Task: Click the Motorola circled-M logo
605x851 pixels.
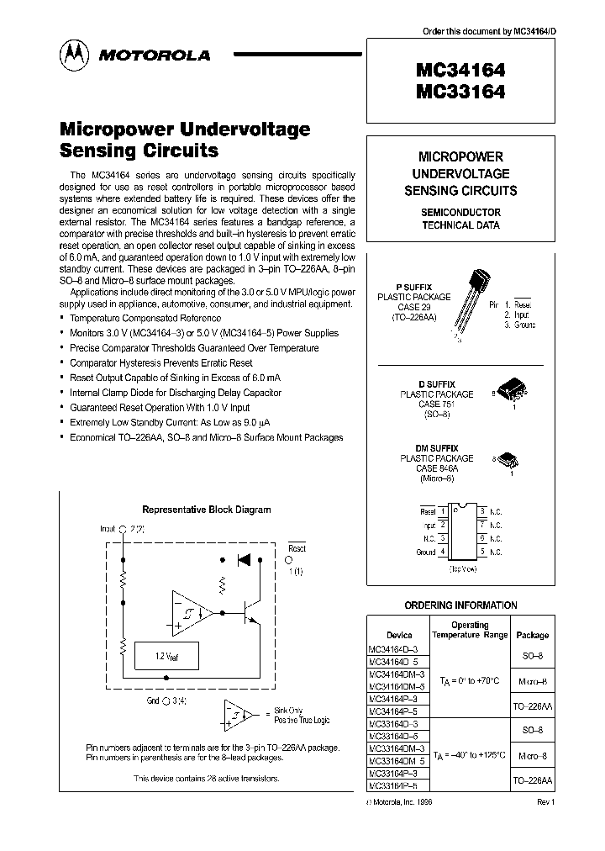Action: pyautogui.click(x=73, y=55)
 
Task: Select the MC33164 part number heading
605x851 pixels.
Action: pyautogui.click(x=460, y=92)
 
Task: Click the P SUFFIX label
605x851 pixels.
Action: pyautogui.click(x=413, y=287)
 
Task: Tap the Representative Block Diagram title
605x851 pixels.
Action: pyautogui.click(x=206, y=509)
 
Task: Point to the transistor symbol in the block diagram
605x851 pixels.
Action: pyautogui.click(x=250, y=612)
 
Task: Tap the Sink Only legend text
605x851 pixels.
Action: pyautogui.click(x=290, y=710)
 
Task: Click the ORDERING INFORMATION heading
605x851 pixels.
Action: pyautogui.click(x=460, y=605)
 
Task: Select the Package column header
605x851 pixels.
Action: pyautogui.click(x=532, y=635)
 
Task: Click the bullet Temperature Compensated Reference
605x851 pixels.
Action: pyautogui.click(x=145, y=318)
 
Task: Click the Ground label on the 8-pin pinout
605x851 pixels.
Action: pyautogui.click(x=426, y=552)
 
